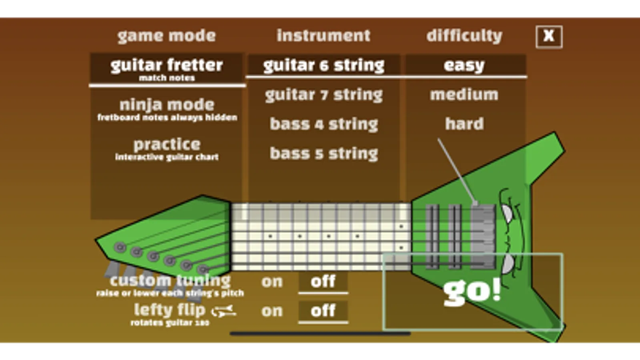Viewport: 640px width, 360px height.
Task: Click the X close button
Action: (x=549, y=37)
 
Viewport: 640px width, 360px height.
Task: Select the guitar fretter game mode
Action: (x=167, y=68)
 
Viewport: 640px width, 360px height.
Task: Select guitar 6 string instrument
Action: (x=324, y=65)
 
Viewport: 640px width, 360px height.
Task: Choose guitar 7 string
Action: (x=324, y=95)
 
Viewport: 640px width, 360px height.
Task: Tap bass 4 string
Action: (x=324, y=124)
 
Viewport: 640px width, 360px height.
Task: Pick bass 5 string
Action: (x=324, y=154)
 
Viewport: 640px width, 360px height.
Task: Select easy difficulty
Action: (x=465, y=65)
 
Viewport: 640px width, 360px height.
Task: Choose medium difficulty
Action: (x=464, y=94)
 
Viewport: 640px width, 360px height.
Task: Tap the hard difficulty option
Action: (x=465, y=124)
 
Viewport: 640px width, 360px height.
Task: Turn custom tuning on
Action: (x=272, y=282)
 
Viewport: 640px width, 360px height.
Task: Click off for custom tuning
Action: (x=323, y=282)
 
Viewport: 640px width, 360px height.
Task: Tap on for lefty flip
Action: (x=272, y=311)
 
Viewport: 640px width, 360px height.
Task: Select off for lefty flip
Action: (x=323, y=311)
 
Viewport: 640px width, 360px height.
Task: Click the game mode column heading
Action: (x=167, y=36)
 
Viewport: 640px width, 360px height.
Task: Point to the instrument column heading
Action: (x=323, y=36)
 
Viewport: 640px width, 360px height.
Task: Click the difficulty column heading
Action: (x=464, y=36)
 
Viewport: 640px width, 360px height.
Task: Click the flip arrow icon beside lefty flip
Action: (x=224, y=311)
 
